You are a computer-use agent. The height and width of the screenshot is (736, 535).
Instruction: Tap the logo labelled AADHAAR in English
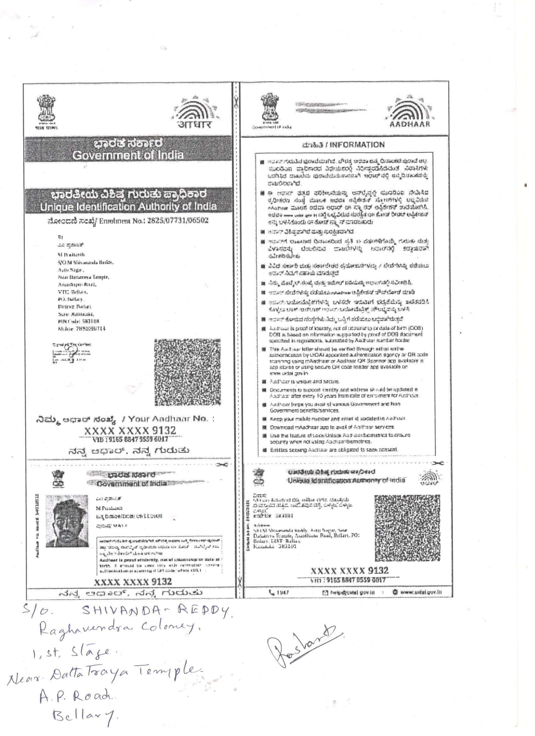click(409, 112)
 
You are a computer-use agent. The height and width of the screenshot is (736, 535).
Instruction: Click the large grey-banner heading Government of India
click(128, 155)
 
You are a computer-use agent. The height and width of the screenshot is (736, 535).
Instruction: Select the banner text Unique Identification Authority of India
click(128, 207)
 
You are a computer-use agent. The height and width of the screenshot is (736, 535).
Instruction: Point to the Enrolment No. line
click(127, 221)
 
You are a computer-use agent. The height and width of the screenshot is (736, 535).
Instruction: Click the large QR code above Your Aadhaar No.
click(188, 372)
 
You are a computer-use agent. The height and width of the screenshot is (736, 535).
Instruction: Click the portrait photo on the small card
click(67, 521)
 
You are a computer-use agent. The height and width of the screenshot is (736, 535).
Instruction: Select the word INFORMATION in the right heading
click(357, 145)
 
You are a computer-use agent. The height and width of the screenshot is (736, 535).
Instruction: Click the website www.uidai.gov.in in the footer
click(421, 592)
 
